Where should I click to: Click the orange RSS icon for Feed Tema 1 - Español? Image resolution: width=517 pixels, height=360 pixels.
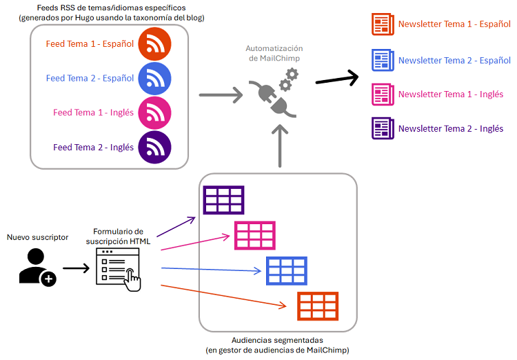(x=154, y=44)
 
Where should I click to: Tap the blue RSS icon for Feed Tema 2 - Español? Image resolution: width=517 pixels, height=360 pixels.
(x=154, y=78)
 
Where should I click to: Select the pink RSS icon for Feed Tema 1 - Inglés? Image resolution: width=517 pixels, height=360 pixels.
(x=154, y=112)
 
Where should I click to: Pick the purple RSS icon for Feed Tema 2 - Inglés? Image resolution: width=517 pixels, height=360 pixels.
(x=154, y=147)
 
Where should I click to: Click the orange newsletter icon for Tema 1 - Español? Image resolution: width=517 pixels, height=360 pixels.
(x=382, y=24)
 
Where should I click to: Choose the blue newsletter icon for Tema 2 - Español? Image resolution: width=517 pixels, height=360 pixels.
(x=382, y=61)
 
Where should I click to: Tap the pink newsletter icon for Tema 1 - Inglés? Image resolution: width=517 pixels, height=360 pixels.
(x=382, y=94)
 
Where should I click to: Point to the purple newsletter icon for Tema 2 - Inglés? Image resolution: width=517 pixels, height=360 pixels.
(x=382, y=128)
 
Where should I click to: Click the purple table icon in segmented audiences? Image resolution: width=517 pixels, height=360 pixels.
(x=223, y=200)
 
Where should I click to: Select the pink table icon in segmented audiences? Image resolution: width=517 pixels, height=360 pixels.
(x=255, y=235)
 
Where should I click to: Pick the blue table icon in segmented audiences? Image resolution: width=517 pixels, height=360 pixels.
(x=287, y=270)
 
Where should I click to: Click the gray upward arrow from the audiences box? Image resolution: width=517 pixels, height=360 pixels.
(x=280, y=146)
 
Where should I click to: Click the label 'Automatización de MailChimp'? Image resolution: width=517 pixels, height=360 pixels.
(x=274, y=54)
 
